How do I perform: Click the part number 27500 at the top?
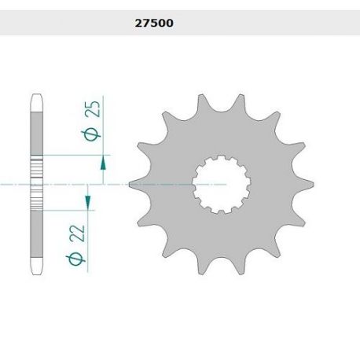[x=149, y=24]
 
